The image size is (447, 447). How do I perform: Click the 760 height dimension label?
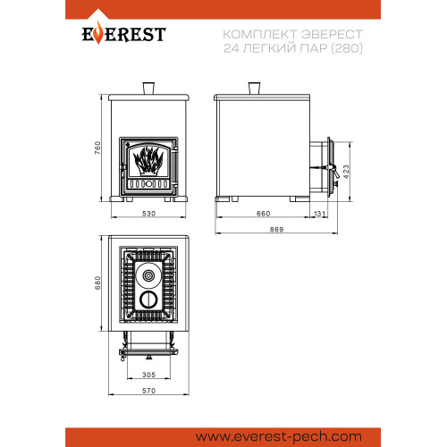97,148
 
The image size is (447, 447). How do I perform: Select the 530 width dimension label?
148,214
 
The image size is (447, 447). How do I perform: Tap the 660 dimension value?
264,214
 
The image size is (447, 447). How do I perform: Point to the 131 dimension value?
319,214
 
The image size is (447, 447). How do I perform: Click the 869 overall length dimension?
277,230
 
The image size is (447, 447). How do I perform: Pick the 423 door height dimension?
346,172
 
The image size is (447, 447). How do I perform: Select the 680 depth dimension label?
97,283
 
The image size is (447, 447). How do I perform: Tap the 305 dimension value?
148,375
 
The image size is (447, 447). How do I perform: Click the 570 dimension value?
148,391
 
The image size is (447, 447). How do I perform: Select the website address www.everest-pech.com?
279,437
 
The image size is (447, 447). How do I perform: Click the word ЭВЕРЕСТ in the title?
332,34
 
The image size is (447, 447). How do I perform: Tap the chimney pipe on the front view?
148,89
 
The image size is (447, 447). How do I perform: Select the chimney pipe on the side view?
254,89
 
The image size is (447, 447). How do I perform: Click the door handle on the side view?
334,172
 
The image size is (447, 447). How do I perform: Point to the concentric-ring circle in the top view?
148,275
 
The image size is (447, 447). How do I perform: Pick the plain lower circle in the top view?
148,299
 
